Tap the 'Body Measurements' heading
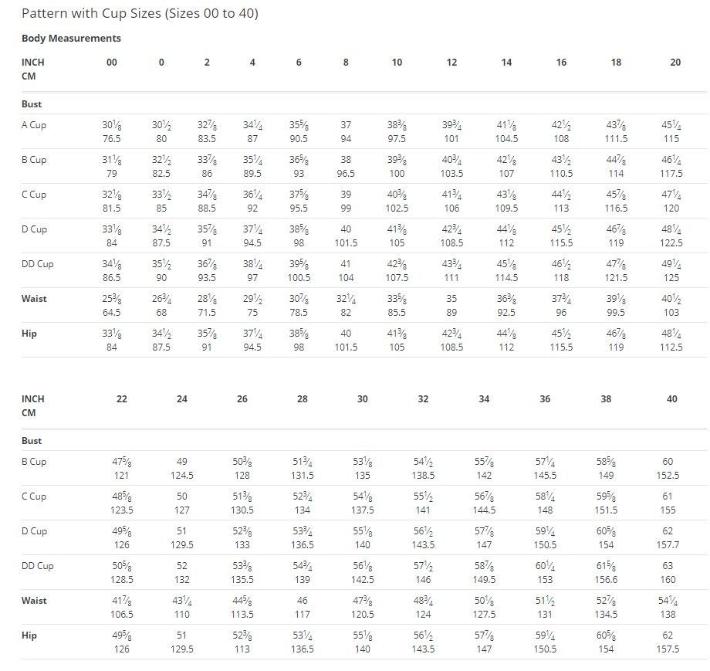[71, 38]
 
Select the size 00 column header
[111, 63]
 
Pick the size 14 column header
[506, 63]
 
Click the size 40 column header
[671, 399]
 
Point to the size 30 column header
[362, 399]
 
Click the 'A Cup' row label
[34, 125]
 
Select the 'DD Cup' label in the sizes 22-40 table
[38, 566]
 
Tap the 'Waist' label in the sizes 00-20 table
[34, 299]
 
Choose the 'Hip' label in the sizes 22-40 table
[29, 635]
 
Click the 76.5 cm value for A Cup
[111, 139]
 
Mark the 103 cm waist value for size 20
[671, 313]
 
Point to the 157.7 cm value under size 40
[668, 545]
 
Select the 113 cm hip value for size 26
[242, 649]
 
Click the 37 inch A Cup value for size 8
[346, 125]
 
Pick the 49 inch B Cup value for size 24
[182, 462]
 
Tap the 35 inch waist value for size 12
[451, 299]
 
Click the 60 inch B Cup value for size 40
[668, 462]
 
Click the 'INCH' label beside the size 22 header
[33, 399]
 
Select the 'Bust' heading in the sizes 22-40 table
[32, 441]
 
